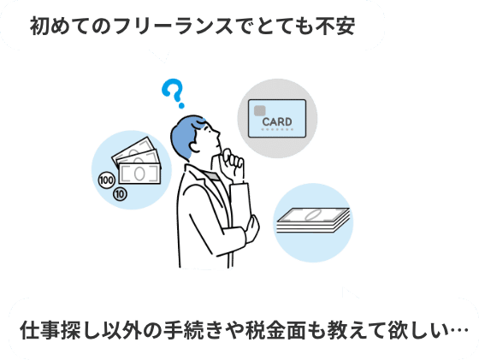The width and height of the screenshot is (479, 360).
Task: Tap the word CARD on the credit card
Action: point(277,121)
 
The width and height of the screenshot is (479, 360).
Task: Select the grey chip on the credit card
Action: point(259,110)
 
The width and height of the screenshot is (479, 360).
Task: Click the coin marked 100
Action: point(106,180)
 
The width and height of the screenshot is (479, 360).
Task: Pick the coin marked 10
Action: point(120,194)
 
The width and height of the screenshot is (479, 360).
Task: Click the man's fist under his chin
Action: point(233,165)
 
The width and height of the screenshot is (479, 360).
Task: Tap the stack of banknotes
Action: point(313,220)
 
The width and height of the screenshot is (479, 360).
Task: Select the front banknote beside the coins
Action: point(139,174)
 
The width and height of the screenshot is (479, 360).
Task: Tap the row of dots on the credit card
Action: point(277,129)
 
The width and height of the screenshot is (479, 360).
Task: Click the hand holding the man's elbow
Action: point(253,228)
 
